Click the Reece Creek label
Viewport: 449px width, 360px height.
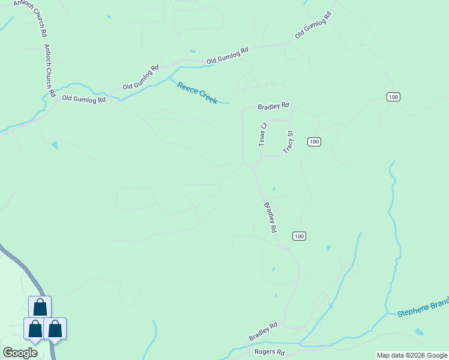tap(197, 93)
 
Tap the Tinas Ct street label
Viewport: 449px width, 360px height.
tap(262, 135)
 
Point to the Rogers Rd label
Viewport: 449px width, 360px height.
tap(269, 352)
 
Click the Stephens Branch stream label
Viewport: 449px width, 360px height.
tap(423, 308)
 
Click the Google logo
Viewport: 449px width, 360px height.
tap(20, 352)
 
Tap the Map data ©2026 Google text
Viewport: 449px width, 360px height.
tap(412, 355)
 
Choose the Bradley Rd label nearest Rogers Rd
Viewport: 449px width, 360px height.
tap(264, 332)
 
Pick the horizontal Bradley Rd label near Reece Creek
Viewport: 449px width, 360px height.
tap(273, 106)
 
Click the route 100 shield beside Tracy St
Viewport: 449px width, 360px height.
tap(314, 142)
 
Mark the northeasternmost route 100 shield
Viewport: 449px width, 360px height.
tap(393, 97)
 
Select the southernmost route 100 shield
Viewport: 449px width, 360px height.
tap(300, 236)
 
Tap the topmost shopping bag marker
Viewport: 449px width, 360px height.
tap(40, 307)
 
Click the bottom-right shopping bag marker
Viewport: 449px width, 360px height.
tap(55, 329)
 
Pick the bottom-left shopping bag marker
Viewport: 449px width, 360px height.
tap(35, 329)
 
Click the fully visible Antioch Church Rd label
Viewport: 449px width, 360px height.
tap(50, 71)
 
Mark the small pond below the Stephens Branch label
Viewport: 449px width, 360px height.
tap(419, 331)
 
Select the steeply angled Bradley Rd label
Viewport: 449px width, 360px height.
tap(271, 217)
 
